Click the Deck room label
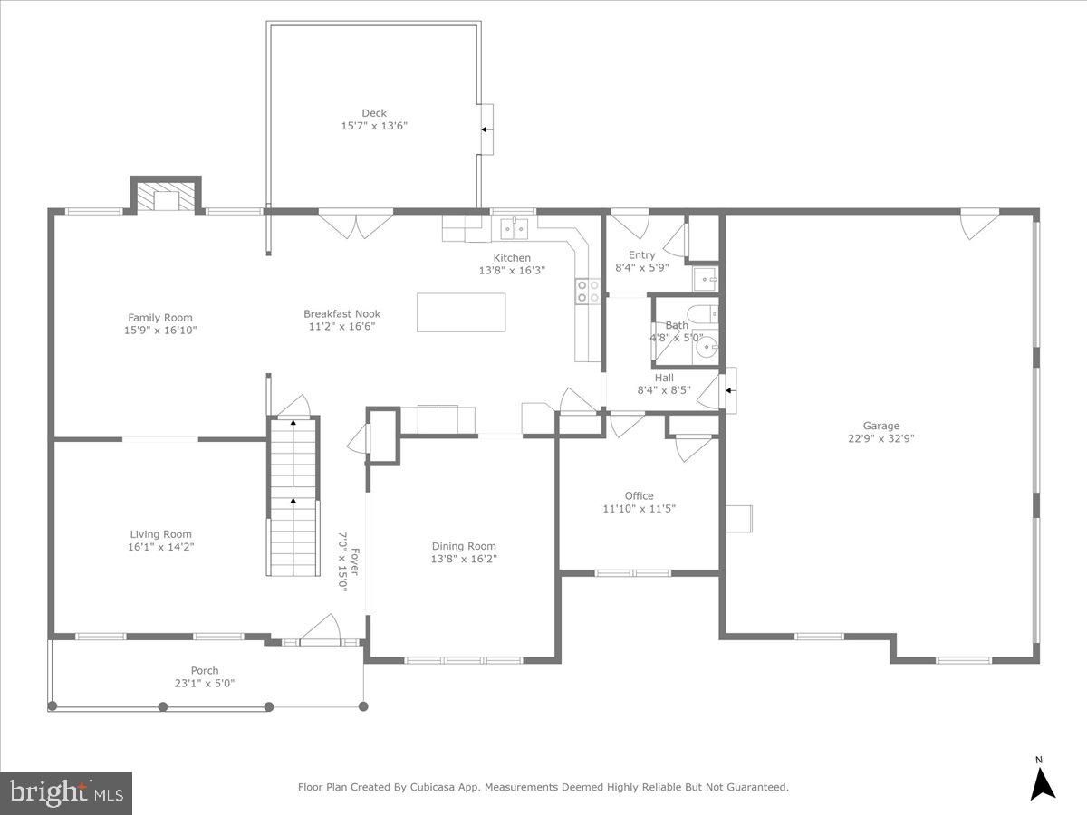point(374,113)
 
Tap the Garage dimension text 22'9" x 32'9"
point(880,438)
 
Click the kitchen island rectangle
point(461,312)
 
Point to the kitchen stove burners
point(588,291)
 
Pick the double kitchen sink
point(515,227)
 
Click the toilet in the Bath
point(702,314)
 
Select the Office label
point(639,495)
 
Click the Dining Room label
point(464,546)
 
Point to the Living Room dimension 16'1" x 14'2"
point(161,547)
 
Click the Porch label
point(205,671)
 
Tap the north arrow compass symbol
point(1044,781)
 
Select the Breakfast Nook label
point(341,314)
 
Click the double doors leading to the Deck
point(355,224)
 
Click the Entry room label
point(641,255)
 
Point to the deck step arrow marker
point(486,129)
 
